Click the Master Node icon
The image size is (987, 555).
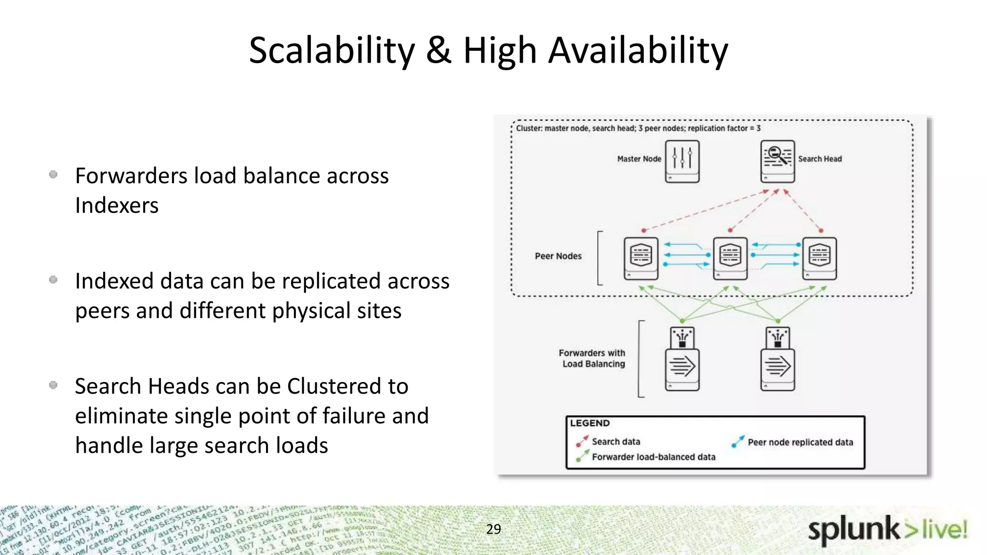click(682, 161)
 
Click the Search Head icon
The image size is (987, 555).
click(777, 161)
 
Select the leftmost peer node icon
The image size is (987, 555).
click(641, 258)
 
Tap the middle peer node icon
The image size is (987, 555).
click(730, 258)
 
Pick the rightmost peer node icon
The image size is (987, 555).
click(819, 258)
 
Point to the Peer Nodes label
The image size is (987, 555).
click(558, 256)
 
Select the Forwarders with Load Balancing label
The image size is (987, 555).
click(593, 358)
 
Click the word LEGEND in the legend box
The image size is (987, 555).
click(590, 423)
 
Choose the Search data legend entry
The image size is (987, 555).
click(615, 441)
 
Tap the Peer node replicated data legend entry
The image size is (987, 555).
click(800, 442)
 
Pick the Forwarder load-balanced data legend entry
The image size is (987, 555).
click(653, 457)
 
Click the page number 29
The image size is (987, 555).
click(493, 529)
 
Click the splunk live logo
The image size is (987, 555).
click(887, 530)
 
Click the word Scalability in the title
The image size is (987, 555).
click(332, 51)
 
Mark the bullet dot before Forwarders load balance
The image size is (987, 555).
click(53, 174)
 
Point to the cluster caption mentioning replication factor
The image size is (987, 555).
click(638, 128)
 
